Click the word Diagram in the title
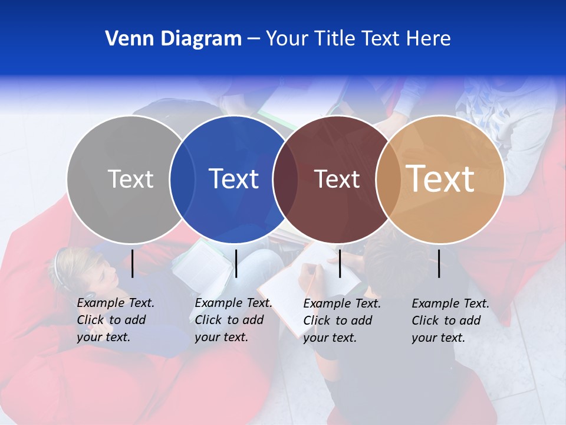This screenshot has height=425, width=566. [x=200, y=39]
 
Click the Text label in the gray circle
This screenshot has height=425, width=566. [x=130, y=179]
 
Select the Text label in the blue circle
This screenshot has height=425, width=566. [x=233, y=179]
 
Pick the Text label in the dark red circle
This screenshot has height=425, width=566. [x=337, y=179]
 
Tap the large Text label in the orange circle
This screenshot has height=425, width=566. [x=440, y=179]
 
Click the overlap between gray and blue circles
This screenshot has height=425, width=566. [x=182, y=179]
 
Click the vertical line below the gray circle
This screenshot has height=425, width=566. [x=133, y=263]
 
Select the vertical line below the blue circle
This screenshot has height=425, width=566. [x=236, y=263]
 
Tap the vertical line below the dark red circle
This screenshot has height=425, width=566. [x=340, y=263]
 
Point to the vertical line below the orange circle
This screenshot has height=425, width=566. [x=439, y=263]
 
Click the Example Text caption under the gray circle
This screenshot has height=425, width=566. [x=115, y=320]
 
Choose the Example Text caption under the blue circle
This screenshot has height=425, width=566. [x=233, y=320]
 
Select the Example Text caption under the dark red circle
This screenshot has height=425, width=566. [x=341, y=321]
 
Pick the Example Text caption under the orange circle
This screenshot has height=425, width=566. [x=450, y=321]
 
